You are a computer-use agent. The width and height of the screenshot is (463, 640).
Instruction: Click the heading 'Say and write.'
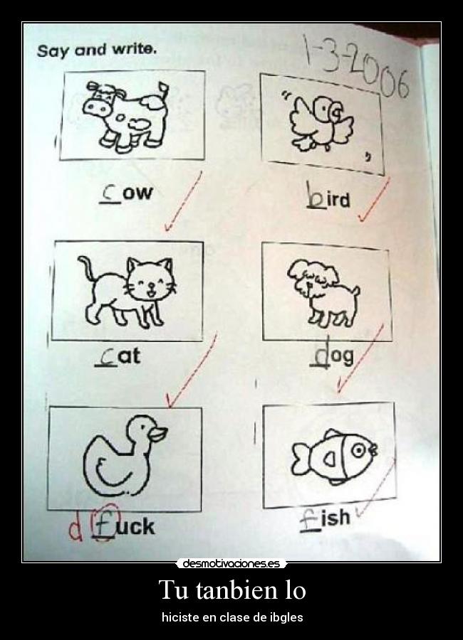coord(96,50)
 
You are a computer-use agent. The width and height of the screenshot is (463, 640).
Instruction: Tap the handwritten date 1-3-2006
coord(356,68)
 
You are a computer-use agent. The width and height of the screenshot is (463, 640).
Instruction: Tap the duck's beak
coord(159,434)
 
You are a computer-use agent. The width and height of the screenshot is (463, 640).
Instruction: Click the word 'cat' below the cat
coord(118,356)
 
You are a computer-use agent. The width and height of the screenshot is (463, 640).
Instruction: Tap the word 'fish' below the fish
coord(325,519)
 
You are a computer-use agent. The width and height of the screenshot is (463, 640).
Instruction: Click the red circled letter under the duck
coord(104,526)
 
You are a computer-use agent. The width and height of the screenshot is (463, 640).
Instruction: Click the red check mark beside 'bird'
coord(373,201)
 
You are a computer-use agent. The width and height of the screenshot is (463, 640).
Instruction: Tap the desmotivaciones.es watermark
coord(231,564)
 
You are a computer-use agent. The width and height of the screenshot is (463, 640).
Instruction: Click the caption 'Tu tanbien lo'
coord(231,590)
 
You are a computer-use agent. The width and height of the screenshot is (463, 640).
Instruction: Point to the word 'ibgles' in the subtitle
coord(285,617)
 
